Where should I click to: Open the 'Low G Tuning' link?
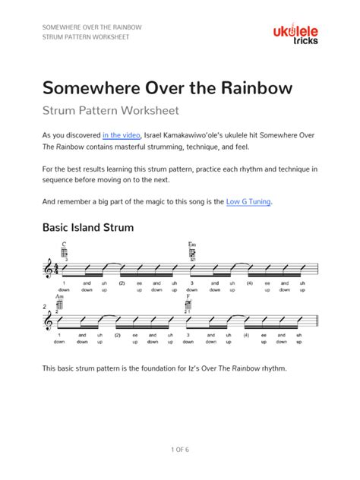pyautogui.click(x=248, y=202)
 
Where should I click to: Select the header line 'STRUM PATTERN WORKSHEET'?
pyautogui.click(x=86, y=36)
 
